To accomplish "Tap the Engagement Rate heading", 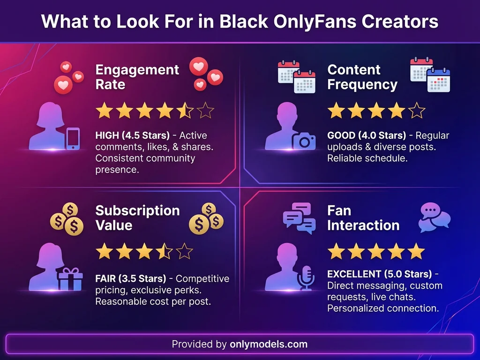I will click(137, 77).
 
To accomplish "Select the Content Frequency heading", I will click(362, 77).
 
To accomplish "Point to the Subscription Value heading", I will click(137, 217).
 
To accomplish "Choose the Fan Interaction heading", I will click(363, 217).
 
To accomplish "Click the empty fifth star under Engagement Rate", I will click(205, 111).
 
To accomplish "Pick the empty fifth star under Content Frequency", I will click(416, 111).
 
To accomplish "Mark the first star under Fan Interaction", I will click(336, 251).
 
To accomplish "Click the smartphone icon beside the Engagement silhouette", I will click(72, 139).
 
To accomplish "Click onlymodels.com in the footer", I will click(269, 344).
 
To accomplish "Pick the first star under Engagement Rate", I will click(104, 111).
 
